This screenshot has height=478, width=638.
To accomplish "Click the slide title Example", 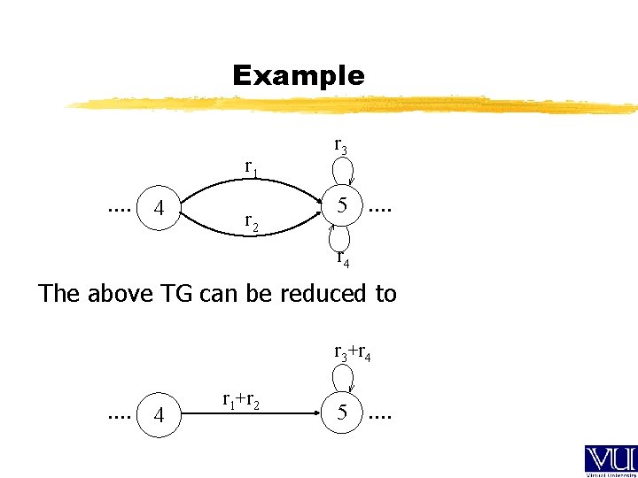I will click(298, 76).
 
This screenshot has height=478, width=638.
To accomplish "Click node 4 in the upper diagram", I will click(159, 209).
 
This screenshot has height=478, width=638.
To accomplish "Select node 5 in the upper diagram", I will click(342, 206).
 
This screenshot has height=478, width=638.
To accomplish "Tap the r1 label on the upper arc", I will click(252, 167).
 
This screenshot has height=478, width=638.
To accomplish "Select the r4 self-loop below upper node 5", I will click(341, 237).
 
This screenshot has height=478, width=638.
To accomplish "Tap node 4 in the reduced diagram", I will click(159, 413).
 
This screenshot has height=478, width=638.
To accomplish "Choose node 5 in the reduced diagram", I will click(342, 412).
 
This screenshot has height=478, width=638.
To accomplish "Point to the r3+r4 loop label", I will click(352, 352).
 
